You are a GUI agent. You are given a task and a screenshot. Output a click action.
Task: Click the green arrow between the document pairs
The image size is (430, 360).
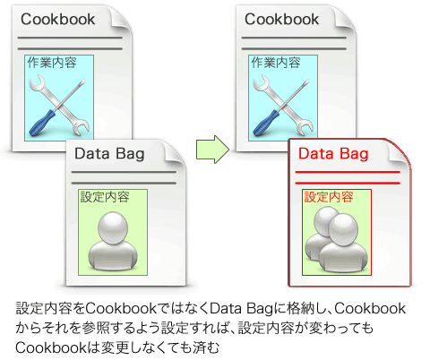click(212, 150)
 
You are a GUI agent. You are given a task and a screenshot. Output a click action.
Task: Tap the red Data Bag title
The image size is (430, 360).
click(333, 154)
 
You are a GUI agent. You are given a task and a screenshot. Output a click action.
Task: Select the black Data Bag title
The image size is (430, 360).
click(109, 154)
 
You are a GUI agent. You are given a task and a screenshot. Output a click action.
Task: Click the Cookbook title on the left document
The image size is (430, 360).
click(58, 20)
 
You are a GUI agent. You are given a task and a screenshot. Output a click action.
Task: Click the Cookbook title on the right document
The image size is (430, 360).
click(282, 20)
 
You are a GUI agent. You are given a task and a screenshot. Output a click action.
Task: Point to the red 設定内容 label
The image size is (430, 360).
click(329, 197)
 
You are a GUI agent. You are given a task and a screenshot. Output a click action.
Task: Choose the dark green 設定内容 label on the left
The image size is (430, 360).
click(105, 197)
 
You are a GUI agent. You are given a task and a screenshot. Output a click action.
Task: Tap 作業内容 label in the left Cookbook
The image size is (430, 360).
click(52, 63)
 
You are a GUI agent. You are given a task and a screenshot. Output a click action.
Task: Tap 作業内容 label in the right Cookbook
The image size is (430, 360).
click(276, 63)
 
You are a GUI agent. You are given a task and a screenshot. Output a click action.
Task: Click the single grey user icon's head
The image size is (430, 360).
click(113, 227)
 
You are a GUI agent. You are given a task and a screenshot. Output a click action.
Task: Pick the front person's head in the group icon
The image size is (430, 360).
click(343, 229)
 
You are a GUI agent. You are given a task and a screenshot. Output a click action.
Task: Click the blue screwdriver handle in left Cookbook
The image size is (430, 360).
click(42, 124)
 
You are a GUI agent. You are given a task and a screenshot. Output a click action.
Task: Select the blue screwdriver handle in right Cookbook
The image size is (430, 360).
click(266, 124)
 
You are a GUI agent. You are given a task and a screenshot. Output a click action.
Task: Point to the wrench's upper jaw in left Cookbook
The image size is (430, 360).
click(38, 82)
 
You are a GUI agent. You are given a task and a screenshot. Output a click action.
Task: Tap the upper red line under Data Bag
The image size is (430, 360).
click(348, 172)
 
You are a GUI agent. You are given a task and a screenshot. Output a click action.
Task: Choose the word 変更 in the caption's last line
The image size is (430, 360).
click(116, 347)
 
